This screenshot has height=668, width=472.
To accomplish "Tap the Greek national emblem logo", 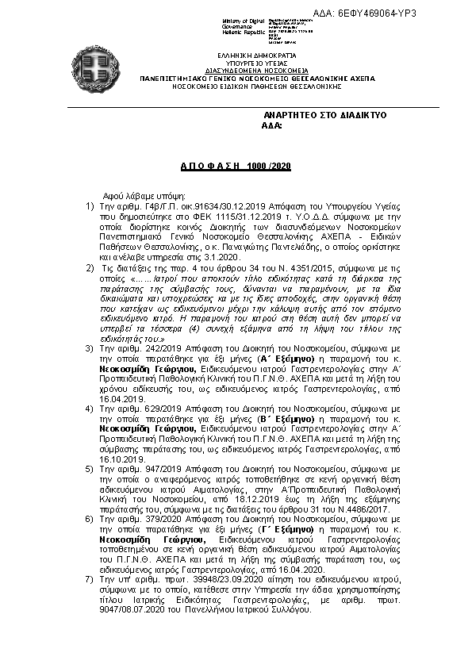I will pyautogui.click(x=98, y=69).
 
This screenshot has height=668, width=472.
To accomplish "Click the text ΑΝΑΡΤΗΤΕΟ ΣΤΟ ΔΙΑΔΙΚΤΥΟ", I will pyautogui.click(x=324, y=115).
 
